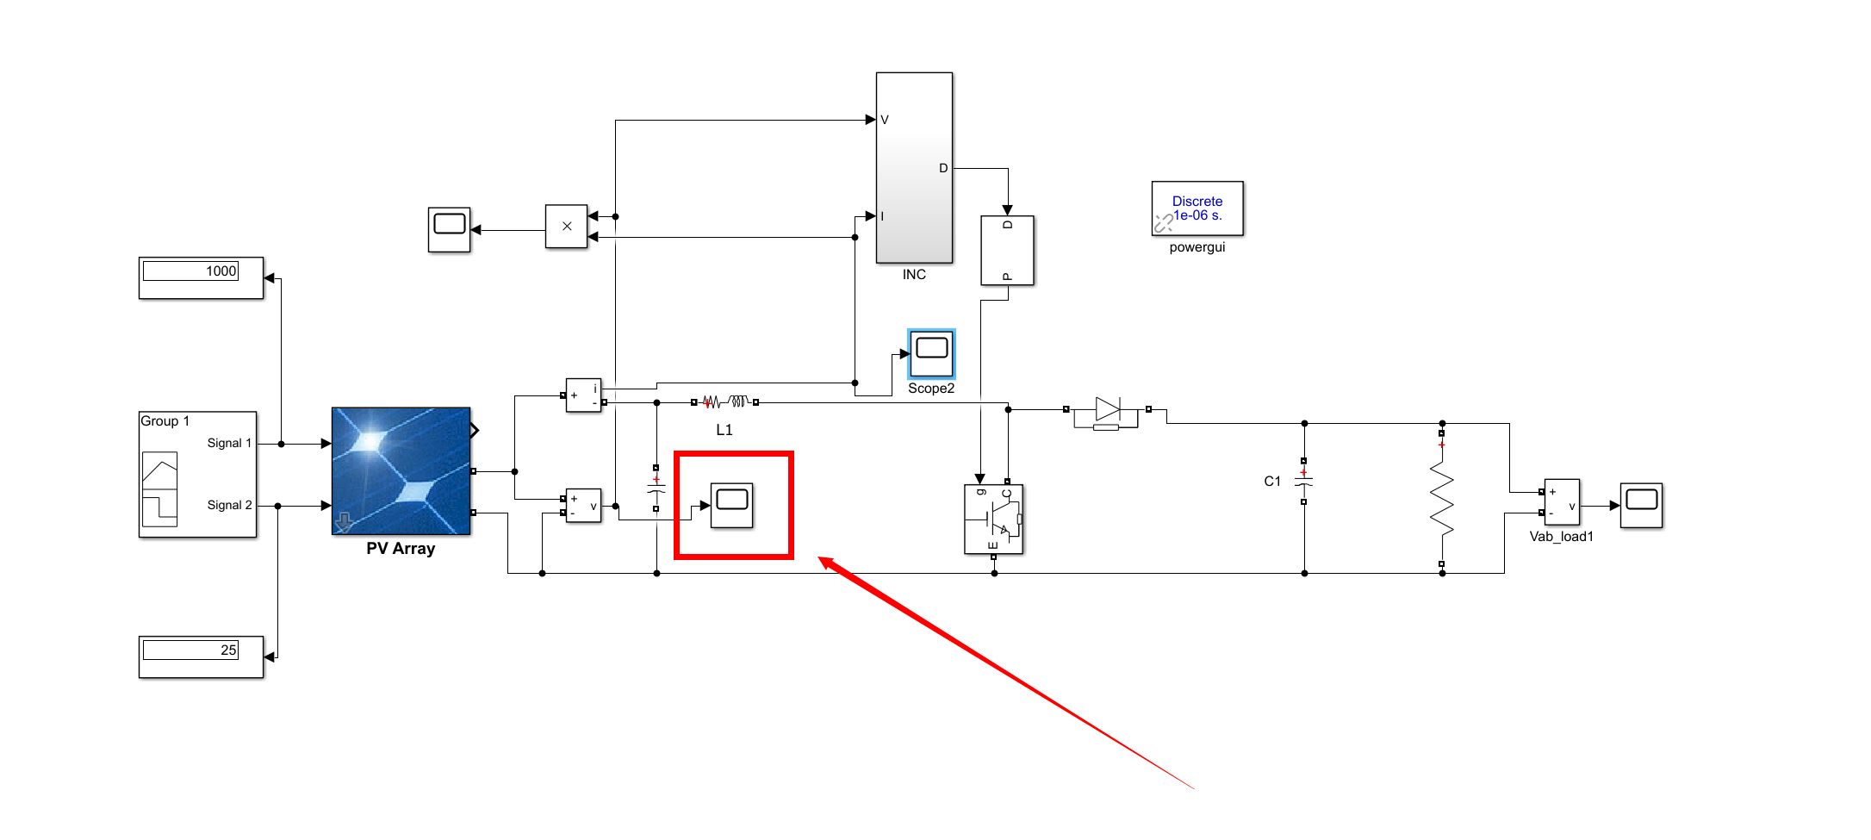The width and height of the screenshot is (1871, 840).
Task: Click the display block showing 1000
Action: tap(201, 277)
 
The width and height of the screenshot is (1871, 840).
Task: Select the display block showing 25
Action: tap(201, 656)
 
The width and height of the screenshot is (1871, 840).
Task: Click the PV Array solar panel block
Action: tap(401, 470)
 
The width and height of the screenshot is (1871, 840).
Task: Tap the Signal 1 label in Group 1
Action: tap(229, 443)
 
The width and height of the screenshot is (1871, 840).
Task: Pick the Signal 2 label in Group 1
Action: tap(229, 505)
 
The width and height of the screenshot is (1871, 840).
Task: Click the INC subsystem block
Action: tap(914, 168)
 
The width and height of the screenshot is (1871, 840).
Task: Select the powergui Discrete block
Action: tap(1197, 208)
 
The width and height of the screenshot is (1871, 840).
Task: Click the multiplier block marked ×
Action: tap(566, 227)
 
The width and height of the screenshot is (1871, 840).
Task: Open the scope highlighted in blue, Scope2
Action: tap(931, 353)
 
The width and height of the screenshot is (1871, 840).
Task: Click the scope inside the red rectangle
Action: tap(732, 505)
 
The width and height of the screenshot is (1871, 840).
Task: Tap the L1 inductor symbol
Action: tap(724, 401)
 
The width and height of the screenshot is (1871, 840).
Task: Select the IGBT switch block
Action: tap(993, 520)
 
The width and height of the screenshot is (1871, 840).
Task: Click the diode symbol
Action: tap(1107, 409)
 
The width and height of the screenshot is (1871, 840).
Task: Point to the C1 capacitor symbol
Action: tap(1303, 482)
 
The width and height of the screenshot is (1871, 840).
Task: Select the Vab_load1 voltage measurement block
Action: tap(1561, 502)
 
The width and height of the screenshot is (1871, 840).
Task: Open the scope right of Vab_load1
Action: tap(1641, 505)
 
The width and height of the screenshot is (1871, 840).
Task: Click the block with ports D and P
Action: tap(1007, 250)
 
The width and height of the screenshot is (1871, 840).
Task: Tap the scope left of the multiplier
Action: tap(449, 230)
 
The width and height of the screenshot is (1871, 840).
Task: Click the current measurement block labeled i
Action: tap(583, 395)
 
